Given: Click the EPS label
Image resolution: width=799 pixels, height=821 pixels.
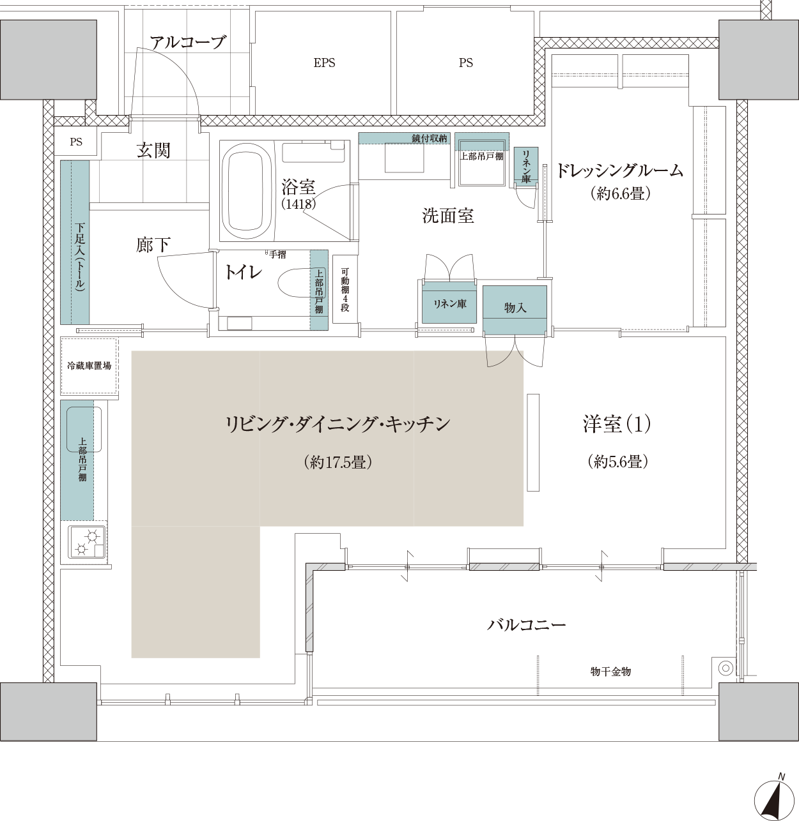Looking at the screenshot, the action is tap(324, 63).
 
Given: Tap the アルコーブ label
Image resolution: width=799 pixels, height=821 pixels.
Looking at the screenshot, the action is tap(188, 43).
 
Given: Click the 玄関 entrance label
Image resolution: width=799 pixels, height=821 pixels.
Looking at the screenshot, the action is tap(153, 150).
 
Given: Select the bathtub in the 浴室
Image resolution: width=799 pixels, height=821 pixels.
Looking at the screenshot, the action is tap(246, 191).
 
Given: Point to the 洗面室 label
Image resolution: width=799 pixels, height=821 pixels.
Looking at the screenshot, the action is tap(448, 216).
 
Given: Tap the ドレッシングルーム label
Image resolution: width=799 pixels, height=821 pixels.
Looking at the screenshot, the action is tap(619, 171).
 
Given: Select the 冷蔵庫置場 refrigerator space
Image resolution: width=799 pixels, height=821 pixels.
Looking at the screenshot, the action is tap(89, 366).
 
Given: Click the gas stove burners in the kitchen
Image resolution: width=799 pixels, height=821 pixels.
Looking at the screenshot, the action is tap(87, 542).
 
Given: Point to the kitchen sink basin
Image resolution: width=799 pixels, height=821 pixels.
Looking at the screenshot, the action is tap(84, 429).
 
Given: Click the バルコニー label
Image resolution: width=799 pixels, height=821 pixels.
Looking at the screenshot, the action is tap(527, 625).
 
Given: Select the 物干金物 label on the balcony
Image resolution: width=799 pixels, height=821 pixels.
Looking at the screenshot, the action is tap(610, 672).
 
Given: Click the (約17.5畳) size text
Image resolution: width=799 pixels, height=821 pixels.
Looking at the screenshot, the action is tap(338, 462).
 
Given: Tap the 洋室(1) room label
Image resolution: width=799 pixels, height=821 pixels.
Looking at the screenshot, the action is tap(617, 424).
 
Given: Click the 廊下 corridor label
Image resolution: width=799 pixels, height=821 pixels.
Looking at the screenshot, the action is tap(153, 245).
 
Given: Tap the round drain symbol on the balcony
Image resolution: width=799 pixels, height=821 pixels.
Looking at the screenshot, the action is tap(725, 668).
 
